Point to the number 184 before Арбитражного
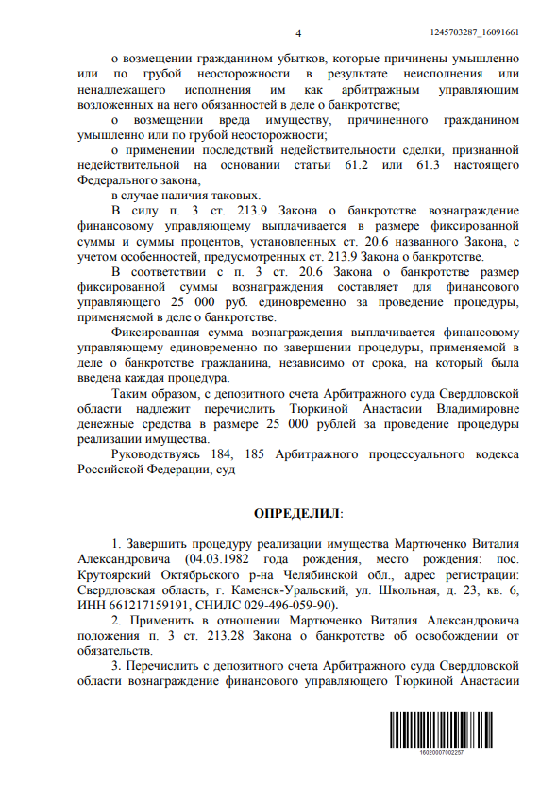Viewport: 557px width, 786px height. pyautogui.click(x=231, y=453)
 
